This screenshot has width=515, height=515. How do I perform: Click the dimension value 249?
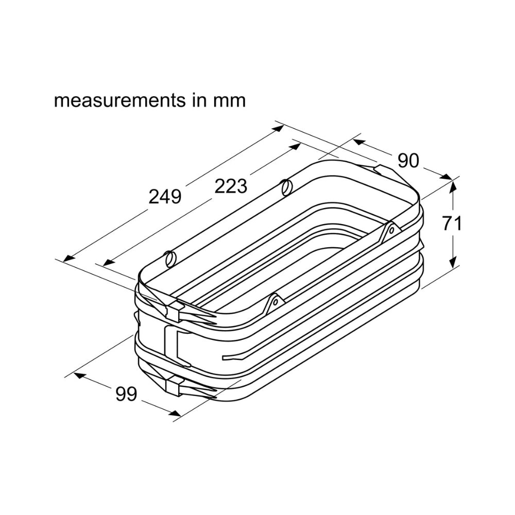click(165, 197)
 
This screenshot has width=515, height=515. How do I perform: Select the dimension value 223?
click(231, 186)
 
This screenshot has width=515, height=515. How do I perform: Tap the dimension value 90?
click(408, 161)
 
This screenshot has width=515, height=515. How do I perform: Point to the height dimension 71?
click(452, 224)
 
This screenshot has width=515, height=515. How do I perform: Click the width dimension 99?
click(126, 394)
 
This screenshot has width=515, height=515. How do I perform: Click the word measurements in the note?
click(120, 100)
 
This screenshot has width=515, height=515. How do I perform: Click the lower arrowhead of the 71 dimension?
click(453, 262)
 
